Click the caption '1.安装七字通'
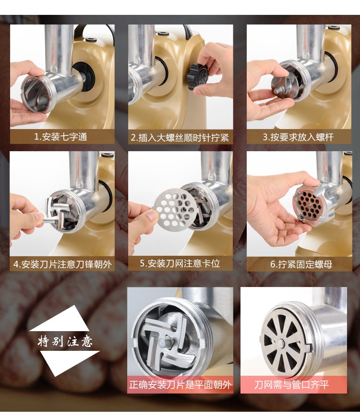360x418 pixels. (61, 137)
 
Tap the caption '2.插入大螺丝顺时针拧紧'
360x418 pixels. (180, 138)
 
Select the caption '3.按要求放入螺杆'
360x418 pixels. (298, 137)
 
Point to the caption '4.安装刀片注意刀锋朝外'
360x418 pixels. (63, 264)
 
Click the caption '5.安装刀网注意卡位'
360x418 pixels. (180, 263)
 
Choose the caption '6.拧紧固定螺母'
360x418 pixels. (301, 264)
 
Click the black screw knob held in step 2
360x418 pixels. (198, 76)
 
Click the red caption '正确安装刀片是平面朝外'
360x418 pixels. (180, 385)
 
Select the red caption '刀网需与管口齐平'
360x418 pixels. (291, 385)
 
